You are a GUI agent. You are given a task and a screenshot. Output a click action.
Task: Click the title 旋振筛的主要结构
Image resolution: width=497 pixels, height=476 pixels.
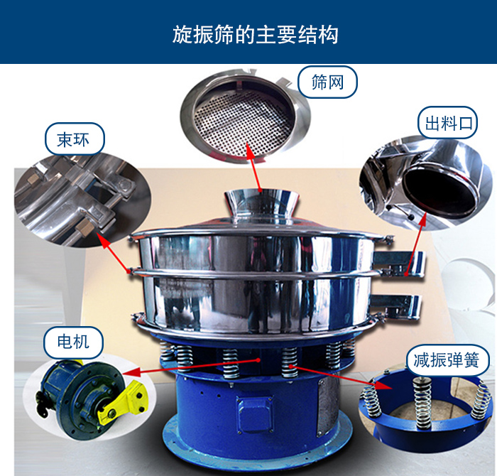[255, 34]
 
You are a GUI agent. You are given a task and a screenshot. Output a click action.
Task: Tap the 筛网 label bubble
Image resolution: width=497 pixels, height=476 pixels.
[327, 82]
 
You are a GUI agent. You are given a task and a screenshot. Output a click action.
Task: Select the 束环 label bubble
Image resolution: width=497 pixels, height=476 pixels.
[75, 139]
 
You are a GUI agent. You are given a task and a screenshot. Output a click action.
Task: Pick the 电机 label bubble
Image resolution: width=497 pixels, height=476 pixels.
[73, 342]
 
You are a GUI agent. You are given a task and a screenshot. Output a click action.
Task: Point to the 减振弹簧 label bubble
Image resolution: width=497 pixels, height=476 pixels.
[447, 360]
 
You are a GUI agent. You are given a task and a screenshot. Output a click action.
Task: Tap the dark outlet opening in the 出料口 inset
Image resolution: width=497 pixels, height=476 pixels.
[439, 190]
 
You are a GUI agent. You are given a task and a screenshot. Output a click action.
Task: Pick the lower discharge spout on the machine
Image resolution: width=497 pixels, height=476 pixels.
[397, 306]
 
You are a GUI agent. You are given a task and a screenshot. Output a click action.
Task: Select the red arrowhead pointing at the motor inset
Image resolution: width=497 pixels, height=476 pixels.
[131, 371]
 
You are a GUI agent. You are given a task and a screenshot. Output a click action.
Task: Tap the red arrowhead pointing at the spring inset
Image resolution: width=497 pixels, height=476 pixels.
[383, 385]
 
